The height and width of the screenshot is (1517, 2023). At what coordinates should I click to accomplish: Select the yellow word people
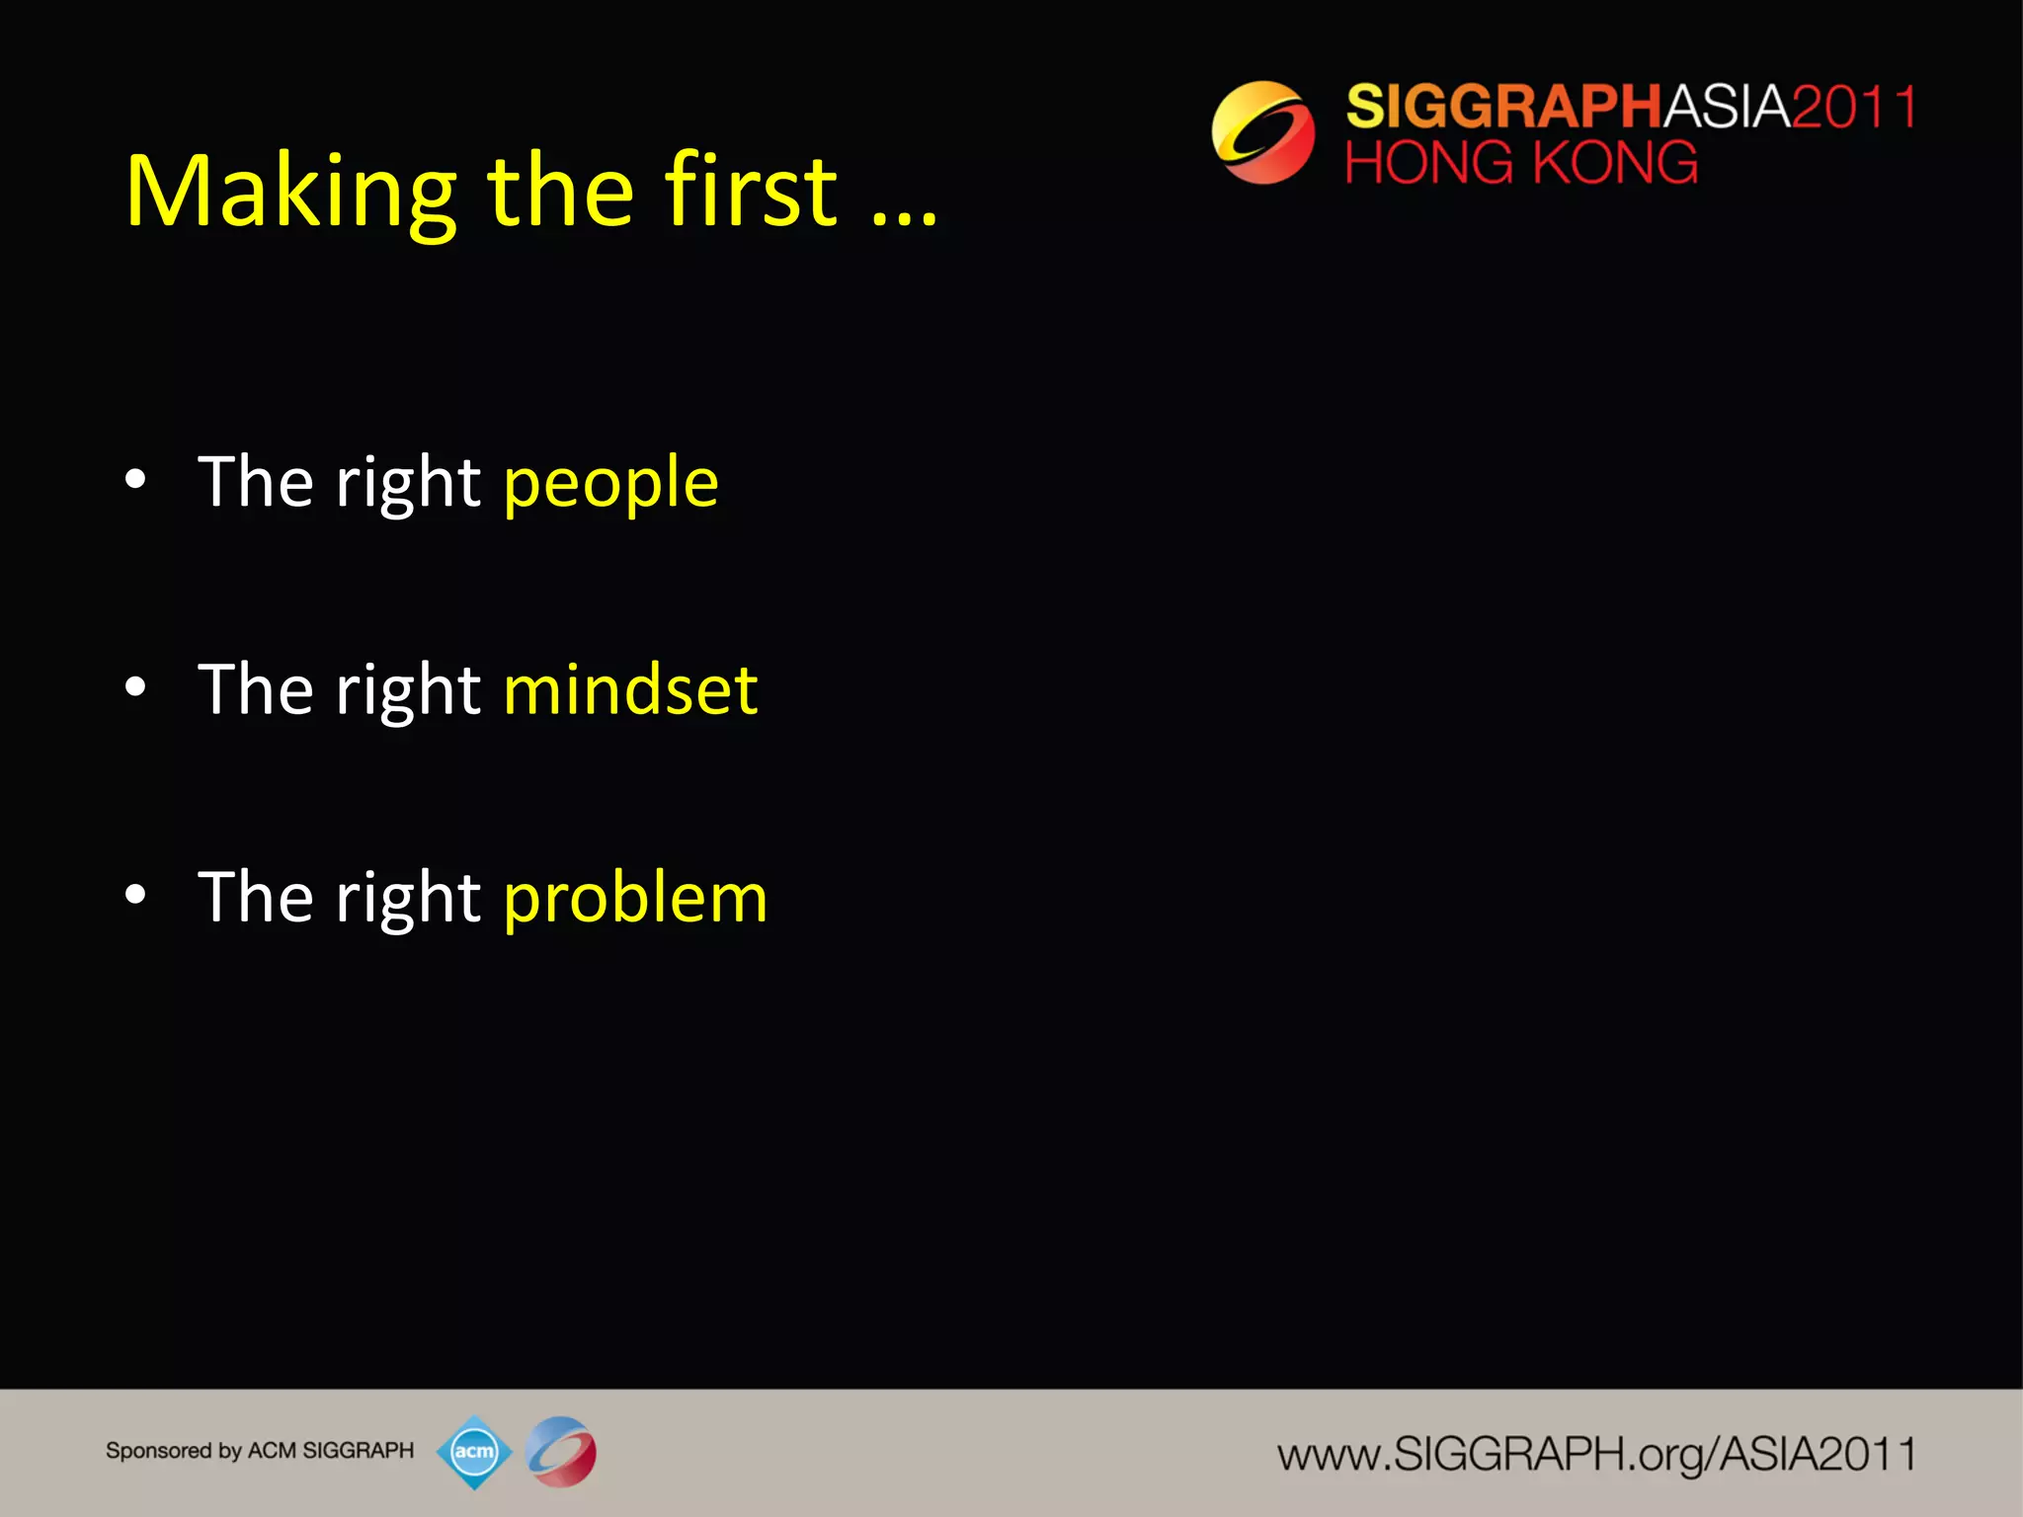click(x=610, y=484)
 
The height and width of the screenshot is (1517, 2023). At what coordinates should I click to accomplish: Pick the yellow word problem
click(x=635, y=899)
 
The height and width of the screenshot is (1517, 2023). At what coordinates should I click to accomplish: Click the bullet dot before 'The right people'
click(x=136, y=481)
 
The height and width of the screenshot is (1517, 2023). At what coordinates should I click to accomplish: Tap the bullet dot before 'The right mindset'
click(x=136, y=687)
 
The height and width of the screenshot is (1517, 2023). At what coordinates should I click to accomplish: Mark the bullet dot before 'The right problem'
click(x=136, y=895)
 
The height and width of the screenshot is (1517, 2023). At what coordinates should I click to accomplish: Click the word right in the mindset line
click(x=408, y=691)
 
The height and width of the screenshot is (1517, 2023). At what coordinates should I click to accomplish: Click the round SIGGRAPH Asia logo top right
click(x=1262, y=132)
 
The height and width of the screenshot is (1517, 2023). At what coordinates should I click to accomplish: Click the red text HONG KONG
click(x=1521, y=163)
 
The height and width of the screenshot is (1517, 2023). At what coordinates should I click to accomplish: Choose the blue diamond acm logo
click(x=474, y=1452)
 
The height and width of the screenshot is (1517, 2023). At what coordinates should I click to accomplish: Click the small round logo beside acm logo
click(x=561, y=1452)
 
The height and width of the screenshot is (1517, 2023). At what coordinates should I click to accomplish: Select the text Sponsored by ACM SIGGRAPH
click(x=260, y=1451)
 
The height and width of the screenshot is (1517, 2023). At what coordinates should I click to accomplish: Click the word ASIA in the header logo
click(x=1727, y=107)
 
